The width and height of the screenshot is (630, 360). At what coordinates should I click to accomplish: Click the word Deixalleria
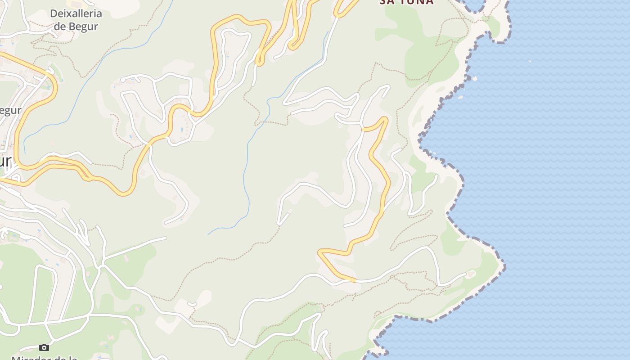click(76, 13)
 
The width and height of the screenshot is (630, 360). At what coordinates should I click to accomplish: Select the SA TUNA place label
click(406, 2)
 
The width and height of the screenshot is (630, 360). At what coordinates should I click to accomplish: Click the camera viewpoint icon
click(44, 347)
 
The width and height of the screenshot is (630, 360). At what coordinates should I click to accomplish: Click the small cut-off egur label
click(10, 111)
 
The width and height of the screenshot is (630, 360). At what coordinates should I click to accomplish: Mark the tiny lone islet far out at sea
click(529, 61)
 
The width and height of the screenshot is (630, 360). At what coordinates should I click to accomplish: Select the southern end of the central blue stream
click(208, 234)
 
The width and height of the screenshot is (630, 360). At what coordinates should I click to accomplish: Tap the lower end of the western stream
click(24, 153)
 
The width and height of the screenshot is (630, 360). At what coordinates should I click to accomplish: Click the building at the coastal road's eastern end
click(471, 273)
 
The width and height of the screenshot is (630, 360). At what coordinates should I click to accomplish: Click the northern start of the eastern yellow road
click(363, 130)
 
